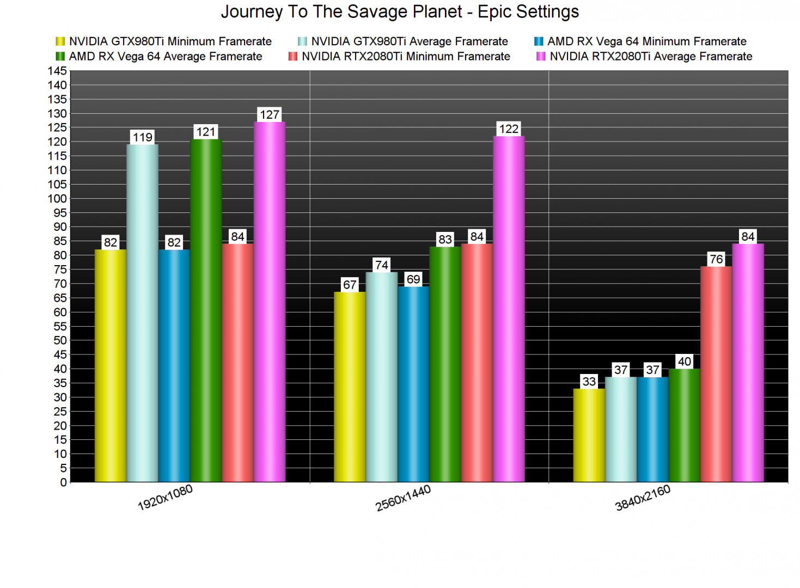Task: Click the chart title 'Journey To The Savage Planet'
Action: click(400, 12)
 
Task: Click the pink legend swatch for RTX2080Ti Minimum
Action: click(293, 57)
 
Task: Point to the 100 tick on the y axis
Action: click(57, 199)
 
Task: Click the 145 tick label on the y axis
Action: click(57, 71)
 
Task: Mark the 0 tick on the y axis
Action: click(63, 482)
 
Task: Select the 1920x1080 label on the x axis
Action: click(165, 498)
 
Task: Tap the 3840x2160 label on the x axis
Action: click(643, 498)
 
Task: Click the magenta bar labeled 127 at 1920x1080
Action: click(270, 302)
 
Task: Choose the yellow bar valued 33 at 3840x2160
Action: click(589, 436)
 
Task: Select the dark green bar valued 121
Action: click(206, 310)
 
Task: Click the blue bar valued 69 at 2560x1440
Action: click(413, 384)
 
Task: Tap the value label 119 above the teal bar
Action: click(143, 137)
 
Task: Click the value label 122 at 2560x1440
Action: click(509, 129)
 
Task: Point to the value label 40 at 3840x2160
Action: click(685, 362)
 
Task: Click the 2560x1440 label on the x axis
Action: click(403, 498)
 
